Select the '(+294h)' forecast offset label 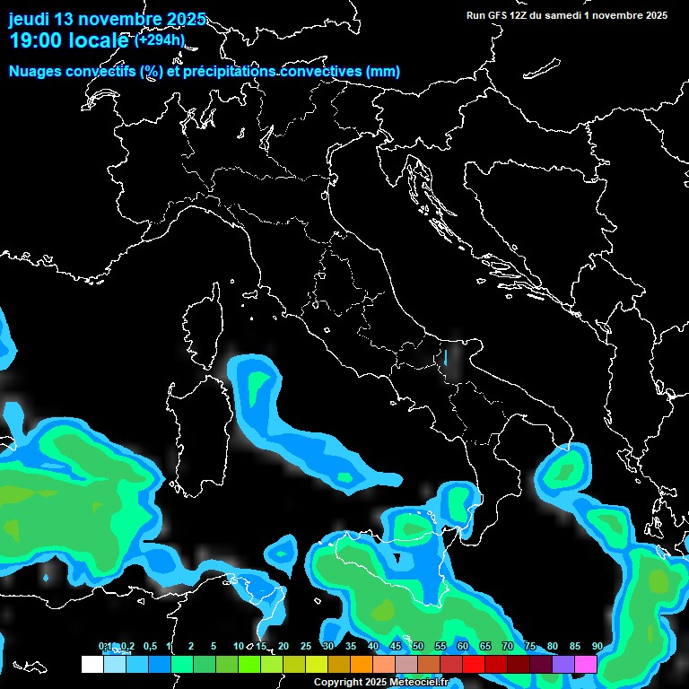pyautogui.click(x=160, y=39)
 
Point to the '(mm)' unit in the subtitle pyautogui.click(x=382, y=71)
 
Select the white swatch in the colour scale pyautogui.click(x=92, y=664)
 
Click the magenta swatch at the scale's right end pyautogui.click(x=586, y=664)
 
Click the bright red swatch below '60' pyautogui.click(x=474, y=664)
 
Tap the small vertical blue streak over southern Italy pyautogui.click(x=445, y=357)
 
